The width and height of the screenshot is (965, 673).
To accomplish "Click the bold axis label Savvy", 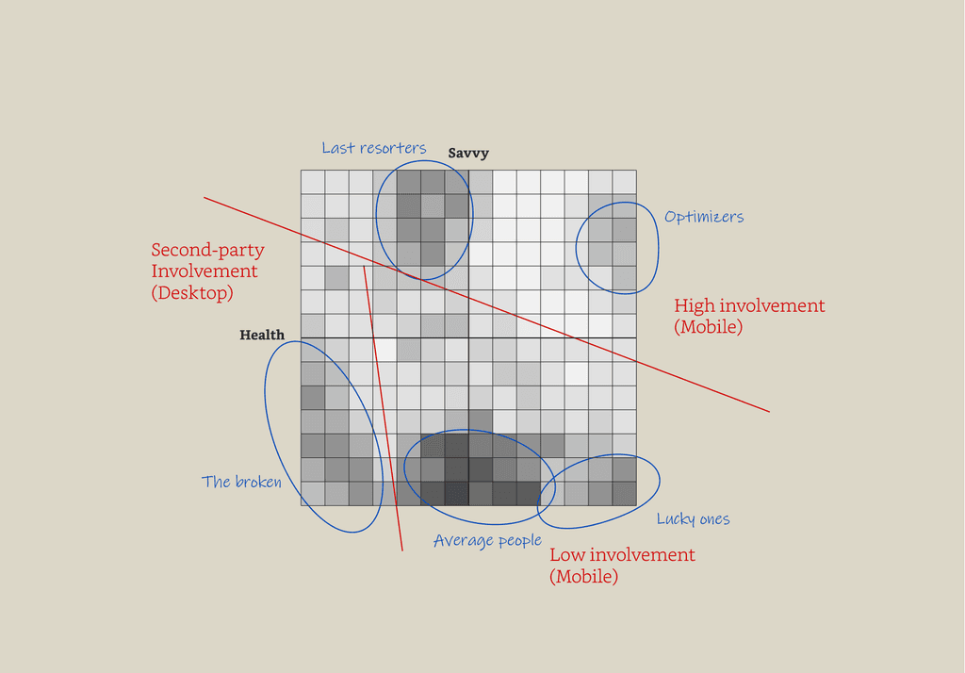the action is pos(468,154).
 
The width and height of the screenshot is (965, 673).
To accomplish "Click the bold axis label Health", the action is pos(262,335).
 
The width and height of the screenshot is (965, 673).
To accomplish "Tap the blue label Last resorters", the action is pos(374,148).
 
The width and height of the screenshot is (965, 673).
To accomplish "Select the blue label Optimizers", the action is pos(704,217).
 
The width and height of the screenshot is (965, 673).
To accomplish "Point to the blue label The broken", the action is pos(241,482).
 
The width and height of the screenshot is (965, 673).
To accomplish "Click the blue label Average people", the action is pos(487,541).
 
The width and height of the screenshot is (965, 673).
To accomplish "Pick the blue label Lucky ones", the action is pos(693,519).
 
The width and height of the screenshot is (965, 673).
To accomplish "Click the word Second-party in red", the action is pos(207,251).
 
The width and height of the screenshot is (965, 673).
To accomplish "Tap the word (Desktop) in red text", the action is pos(191,292).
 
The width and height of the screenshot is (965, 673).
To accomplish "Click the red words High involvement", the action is pos(749,306).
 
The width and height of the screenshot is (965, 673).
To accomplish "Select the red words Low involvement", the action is pos(622,555).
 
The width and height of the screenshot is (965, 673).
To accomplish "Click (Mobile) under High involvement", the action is pos(708,327).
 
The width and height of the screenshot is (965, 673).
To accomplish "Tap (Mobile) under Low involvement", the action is pos(583,576).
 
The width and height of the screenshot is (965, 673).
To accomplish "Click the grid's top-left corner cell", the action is pos(313,182).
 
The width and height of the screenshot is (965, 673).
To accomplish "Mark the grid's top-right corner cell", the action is pos(625,182).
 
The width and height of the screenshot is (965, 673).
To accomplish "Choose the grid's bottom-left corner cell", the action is pos(313,494).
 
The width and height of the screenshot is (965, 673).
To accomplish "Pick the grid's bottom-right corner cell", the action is pos(625,494).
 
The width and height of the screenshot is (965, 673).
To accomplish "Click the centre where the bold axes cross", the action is pos(468,337).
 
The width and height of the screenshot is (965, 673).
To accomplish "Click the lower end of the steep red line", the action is pos(401,549).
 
